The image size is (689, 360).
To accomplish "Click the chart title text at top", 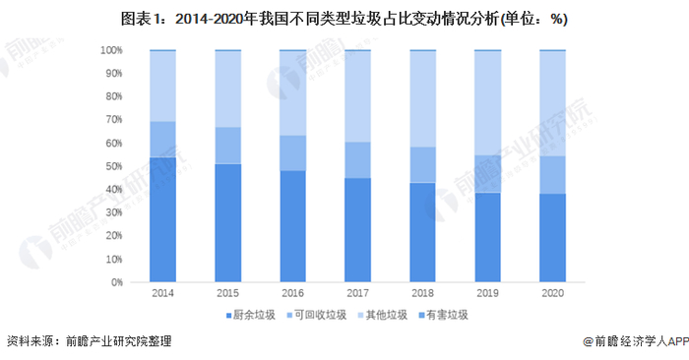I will [344, 19].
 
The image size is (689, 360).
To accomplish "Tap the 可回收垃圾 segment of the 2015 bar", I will [228, 146].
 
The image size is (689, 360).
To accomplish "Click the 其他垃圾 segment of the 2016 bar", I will [293, 92].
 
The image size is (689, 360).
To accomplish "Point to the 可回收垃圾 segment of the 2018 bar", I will [423, 164].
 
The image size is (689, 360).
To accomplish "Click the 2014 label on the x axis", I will [162, 292].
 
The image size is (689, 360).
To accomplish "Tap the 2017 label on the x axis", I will [358, 292].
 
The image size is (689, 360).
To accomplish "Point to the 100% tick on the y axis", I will [111, 50].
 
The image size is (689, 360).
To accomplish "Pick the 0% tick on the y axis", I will [116, 282].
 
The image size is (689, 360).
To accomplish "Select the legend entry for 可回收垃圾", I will [319, 315].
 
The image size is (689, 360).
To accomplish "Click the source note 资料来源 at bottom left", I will [89, 342].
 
